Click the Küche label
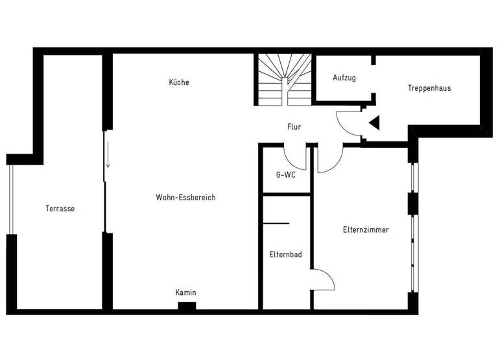[179, 82]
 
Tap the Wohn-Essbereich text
[185, 198]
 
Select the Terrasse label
[60, 209]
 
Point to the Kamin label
[185, 293]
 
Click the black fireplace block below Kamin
[187, 306]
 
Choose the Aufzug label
[344, 78]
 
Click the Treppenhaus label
[429, 88]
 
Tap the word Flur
[294, 128]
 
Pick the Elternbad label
[285, 255]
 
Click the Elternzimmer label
[366, 229]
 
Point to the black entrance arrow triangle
[373, 121]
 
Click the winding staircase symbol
[283, 79]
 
